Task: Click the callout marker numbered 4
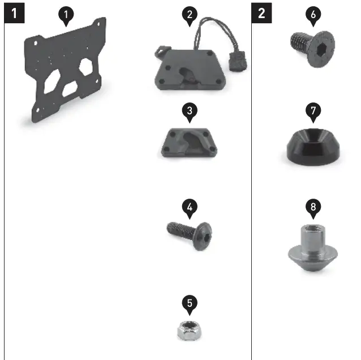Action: pyautogui.click(x=190, y=208)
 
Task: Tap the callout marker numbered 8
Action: pyautogui.click(x=313, y=207)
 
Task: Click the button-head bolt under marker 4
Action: pyautogui.click(x=190, y=232)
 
